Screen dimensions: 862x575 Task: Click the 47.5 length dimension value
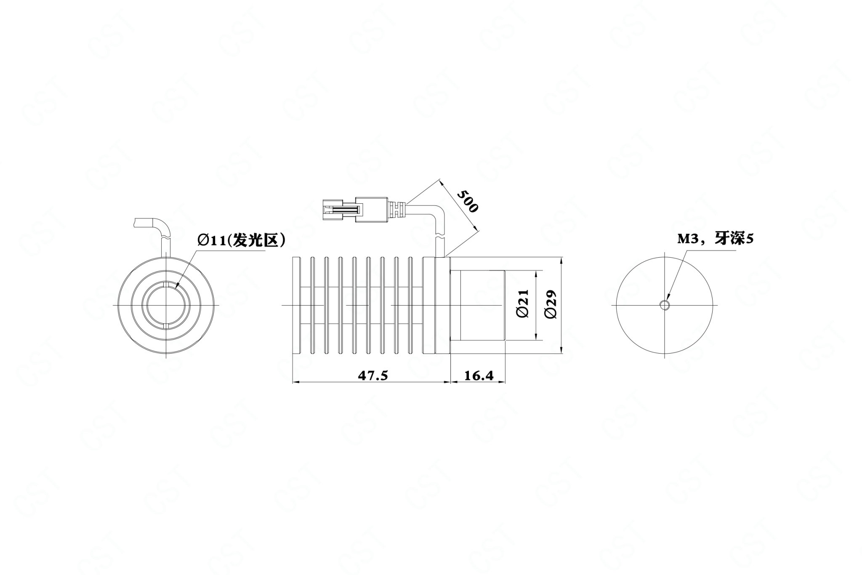(x=372, y=375)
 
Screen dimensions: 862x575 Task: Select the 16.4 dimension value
(x=479, y=375)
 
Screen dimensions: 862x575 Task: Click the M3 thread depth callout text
(x=715, y=239)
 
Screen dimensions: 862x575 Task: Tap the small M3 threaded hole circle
(x=665, y=305)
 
